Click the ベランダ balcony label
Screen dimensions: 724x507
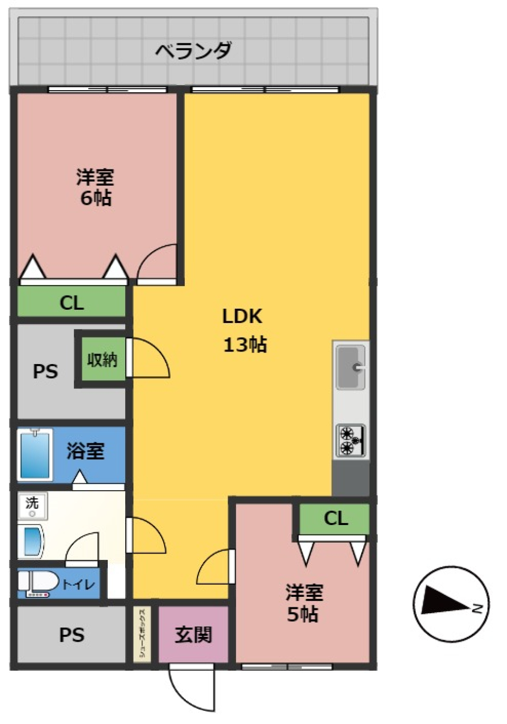(193, 51)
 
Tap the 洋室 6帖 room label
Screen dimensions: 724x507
(95, 187)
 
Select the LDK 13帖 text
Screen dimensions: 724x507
(243, 330)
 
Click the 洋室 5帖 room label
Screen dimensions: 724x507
(304, 603)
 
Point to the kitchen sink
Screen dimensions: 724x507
(351, 367)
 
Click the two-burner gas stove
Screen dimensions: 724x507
(351, 440)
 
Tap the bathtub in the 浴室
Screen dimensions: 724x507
(35, 454)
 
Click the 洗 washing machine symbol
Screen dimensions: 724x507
(32, 505)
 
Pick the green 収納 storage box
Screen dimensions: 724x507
(102, 360)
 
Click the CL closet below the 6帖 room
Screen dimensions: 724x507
(72, 302)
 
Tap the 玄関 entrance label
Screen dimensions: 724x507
(193, 634)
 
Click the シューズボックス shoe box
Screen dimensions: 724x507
(142, 634)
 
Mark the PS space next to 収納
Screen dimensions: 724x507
(45, 371)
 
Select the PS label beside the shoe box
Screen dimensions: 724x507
(72, 634)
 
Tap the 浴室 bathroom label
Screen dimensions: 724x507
(85, 451)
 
